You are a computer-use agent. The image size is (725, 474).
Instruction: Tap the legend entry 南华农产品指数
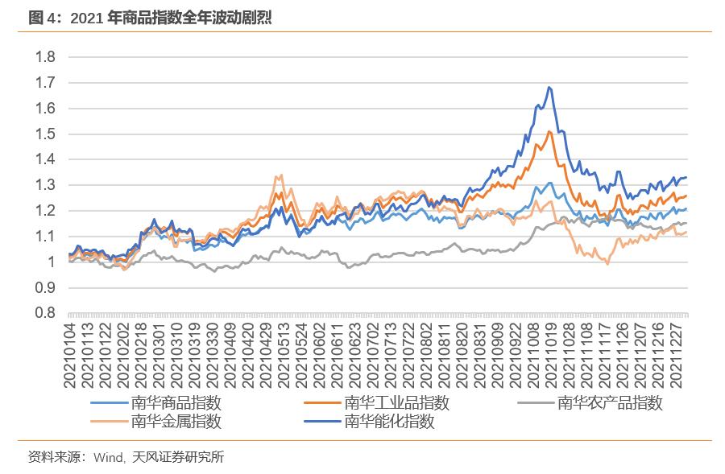pos(610,403)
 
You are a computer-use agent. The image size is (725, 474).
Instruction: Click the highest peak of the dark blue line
pos(549,87)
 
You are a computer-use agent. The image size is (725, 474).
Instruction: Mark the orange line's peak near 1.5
pos(549,131)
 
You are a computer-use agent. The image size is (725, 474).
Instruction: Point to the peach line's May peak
pos(280,175)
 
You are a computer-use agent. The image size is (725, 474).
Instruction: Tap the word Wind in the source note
pos(107,457)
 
